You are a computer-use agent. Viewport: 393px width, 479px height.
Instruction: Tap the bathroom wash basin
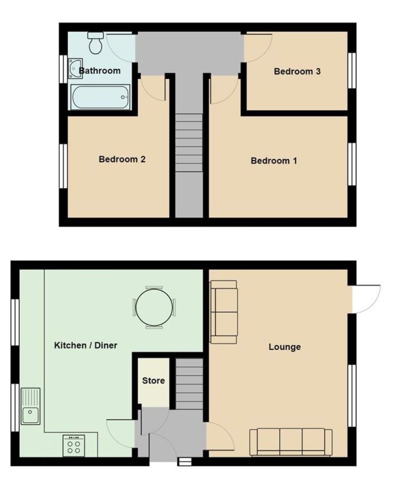click(x=75, y=68)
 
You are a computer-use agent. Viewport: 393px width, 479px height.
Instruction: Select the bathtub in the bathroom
click(x=100, y=97)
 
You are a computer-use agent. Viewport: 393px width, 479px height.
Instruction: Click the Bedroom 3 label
click(x=297, y=71)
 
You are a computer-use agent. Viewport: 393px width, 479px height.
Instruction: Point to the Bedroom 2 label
click(x=122, y=159)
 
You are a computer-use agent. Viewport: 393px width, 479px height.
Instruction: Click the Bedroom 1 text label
click(x=274, y=161)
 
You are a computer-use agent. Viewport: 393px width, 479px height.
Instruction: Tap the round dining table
click(x=154, y=307)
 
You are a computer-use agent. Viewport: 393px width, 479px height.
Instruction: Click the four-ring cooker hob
click(x=74, y=445)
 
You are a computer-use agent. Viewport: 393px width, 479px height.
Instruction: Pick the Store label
click(x=154, y=381)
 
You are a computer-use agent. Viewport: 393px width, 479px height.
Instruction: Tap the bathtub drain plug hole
click(x=123, y=97)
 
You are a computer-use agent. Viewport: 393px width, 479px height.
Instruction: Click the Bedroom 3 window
click(x=352, y=71)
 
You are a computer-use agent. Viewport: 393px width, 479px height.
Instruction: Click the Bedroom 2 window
click(x=63, y=166)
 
